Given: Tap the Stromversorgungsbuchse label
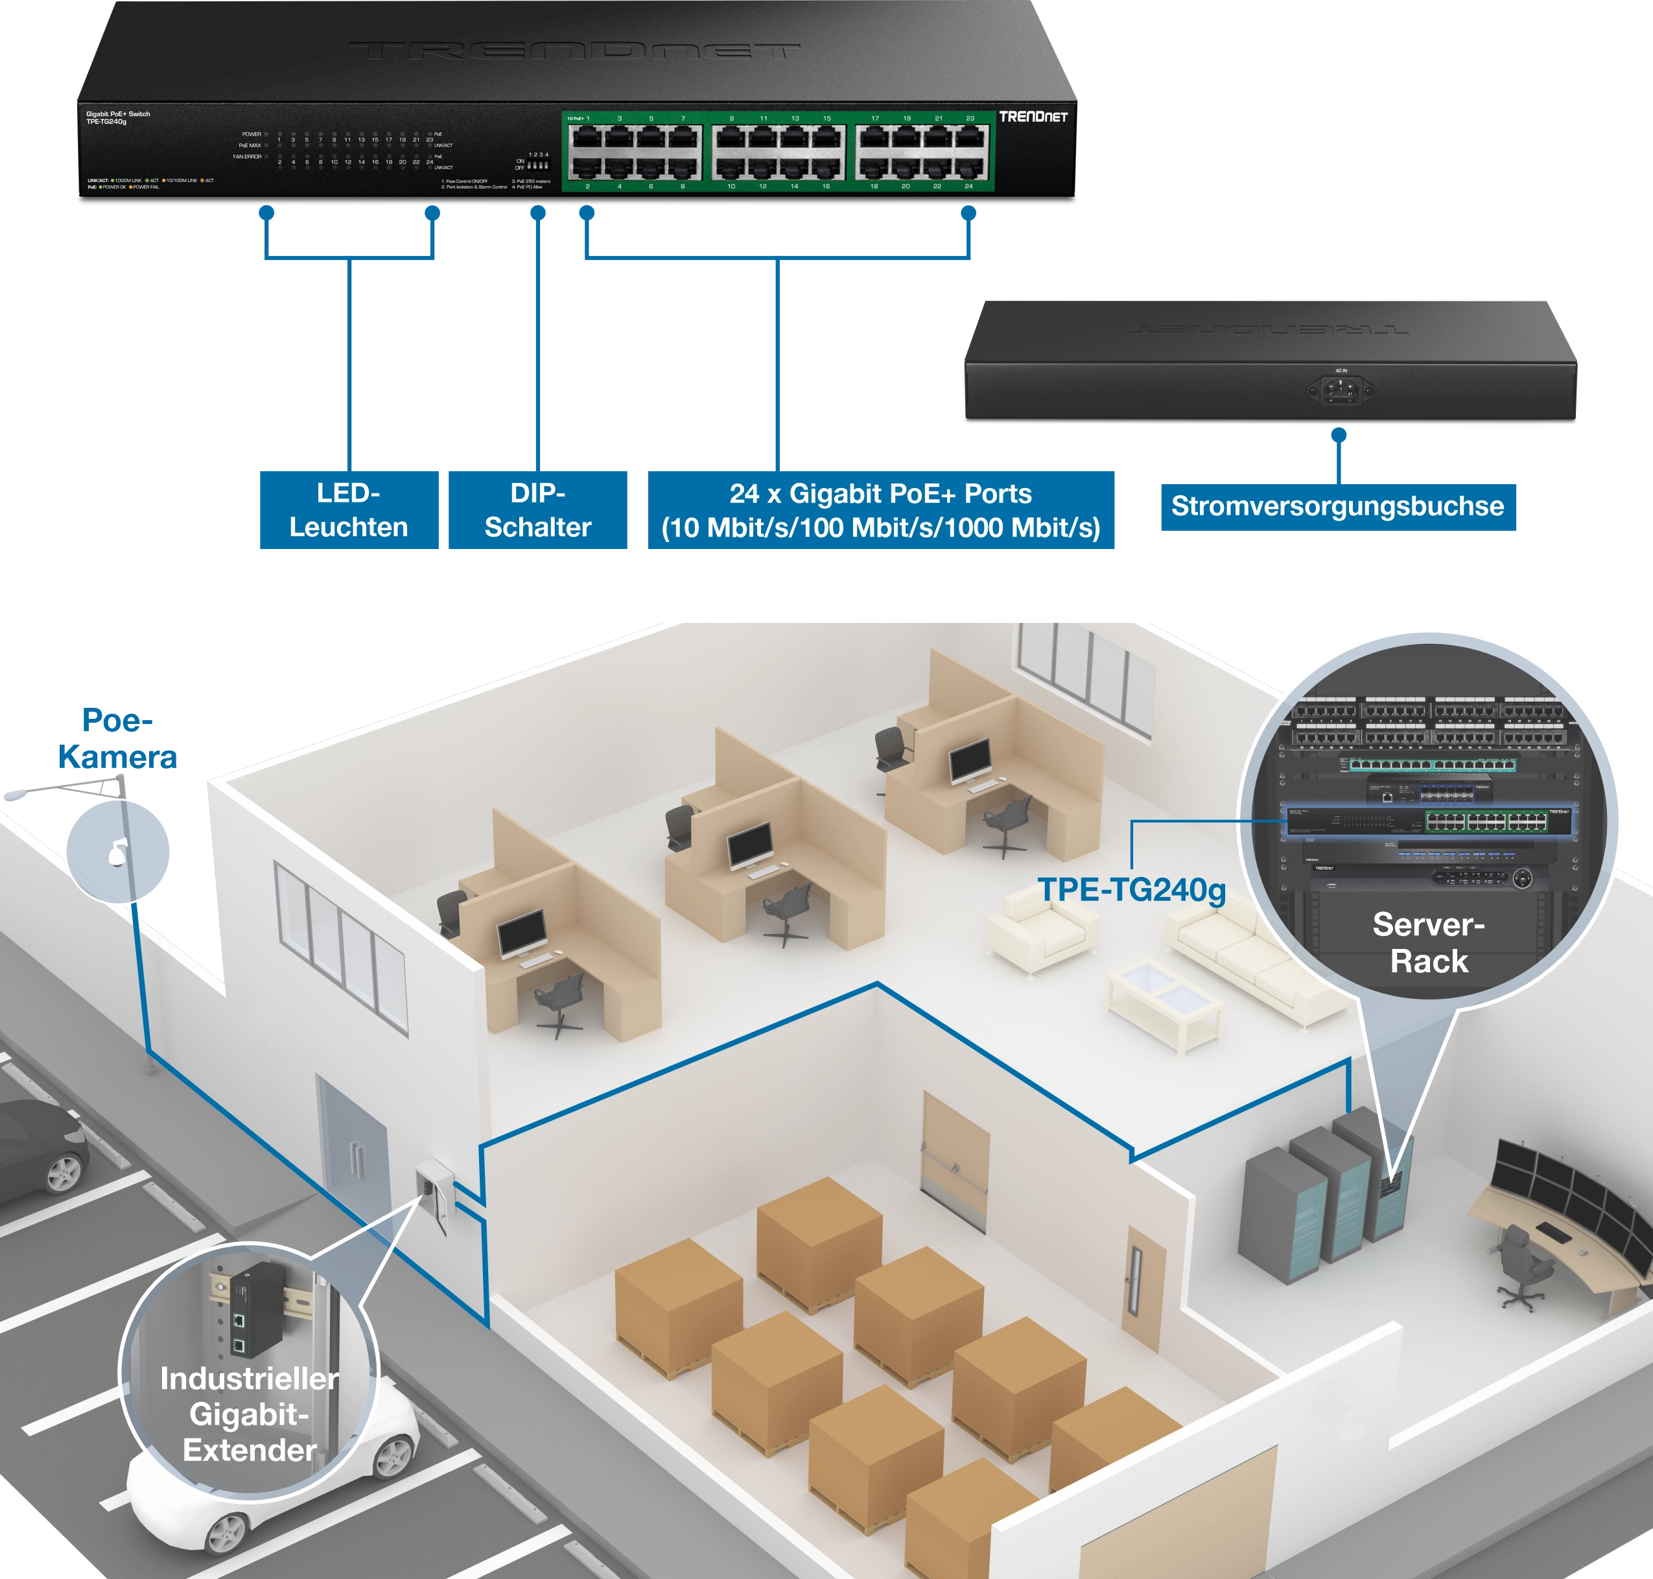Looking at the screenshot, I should click(x=1337, y=507).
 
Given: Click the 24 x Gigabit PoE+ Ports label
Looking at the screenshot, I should click(x=880, y=510).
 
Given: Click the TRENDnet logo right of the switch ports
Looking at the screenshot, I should click(x=1033, y=117).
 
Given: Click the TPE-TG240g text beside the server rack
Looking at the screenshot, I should click(x=1131, y=890).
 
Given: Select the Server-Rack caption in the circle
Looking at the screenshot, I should click(x=1428, y=942).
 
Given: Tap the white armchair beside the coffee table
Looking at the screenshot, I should click(x=1042, y=930).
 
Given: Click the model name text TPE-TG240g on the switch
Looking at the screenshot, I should click(x=106, y=122).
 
